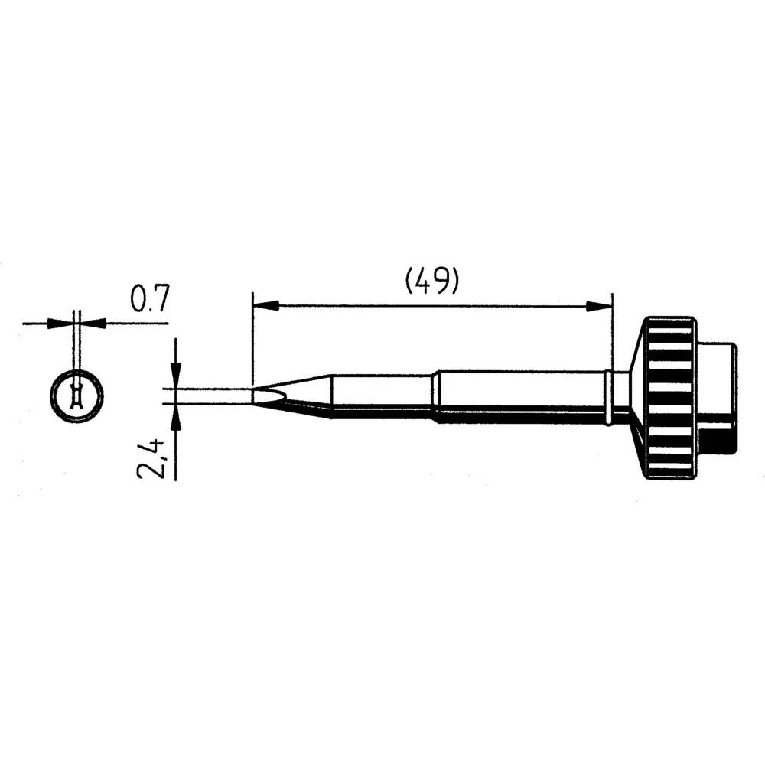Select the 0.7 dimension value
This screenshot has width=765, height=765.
(149, 298)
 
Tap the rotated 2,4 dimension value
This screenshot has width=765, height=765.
(150, 457)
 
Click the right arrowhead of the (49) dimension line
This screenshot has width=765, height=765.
(600, 306)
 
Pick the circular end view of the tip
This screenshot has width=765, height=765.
(76, 397)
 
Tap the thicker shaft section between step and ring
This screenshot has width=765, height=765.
(520, 396)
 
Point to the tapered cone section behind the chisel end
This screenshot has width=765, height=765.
(306, 394)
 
